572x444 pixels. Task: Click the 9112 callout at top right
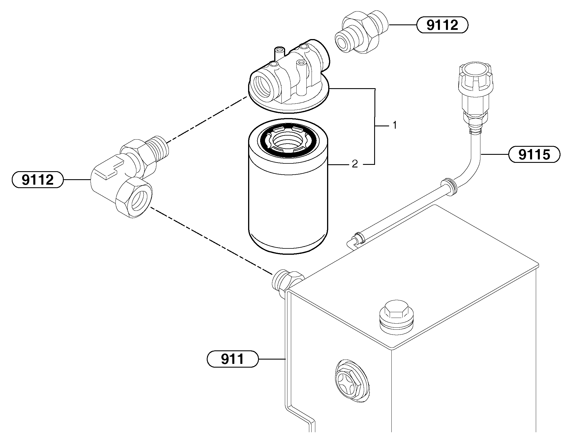(442, 25)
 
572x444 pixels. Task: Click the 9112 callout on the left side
(37, 180)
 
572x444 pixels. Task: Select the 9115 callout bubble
(534, 155)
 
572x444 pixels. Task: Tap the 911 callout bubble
(233, 359)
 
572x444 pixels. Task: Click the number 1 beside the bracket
(395, 125)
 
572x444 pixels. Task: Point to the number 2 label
(355, 164)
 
